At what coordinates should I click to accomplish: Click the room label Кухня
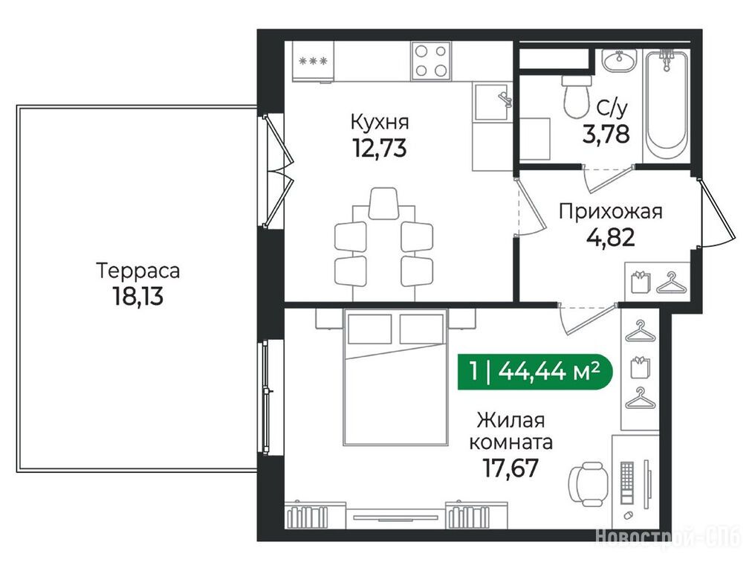click(x=380, y=122)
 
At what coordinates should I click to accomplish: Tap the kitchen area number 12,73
click(x=380, y=147)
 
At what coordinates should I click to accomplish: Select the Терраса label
click(x=138, y=271)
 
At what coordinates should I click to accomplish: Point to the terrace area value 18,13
click(x=137, y=296)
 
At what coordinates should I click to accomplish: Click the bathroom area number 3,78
click(x=606, y=134)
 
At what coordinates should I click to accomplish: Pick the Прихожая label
click(x=610, y=211)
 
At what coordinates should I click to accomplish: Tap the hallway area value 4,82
click(x=611, y=236)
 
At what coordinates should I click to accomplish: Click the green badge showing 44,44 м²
click(x=535, y=372)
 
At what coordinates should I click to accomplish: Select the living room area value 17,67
click(x=510, y=468)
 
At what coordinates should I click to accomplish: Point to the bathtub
click(x=667, y=106)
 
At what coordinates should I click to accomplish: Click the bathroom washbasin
click(x=619, y=61)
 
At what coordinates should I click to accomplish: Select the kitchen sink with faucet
click(x=493, y=101)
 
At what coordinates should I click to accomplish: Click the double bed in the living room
click(x=395, y=378)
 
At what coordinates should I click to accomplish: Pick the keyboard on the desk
click(x=627, y=483)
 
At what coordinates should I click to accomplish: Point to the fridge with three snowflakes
click(x=313, y=62)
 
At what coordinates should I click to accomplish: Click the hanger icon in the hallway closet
click(x=671, y=282)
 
